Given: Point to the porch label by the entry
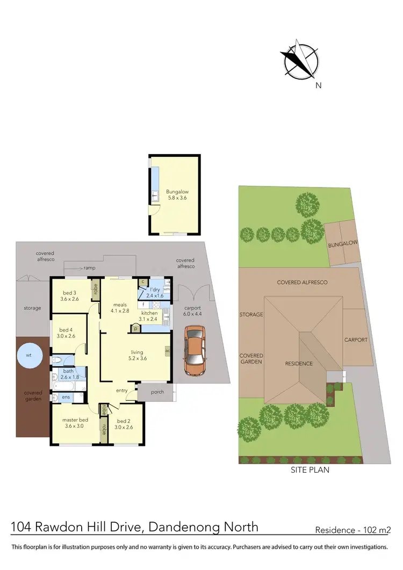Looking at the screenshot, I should pyautogui.click(x=157, y=392).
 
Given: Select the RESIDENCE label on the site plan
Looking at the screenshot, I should pyautogui.click(x=299, y=364).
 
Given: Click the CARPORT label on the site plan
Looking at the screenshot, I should pyautogui.click(x=356, y=340).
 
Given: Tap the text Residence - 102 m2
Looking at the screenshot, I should pyautogui.click(x=352, y=530).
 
